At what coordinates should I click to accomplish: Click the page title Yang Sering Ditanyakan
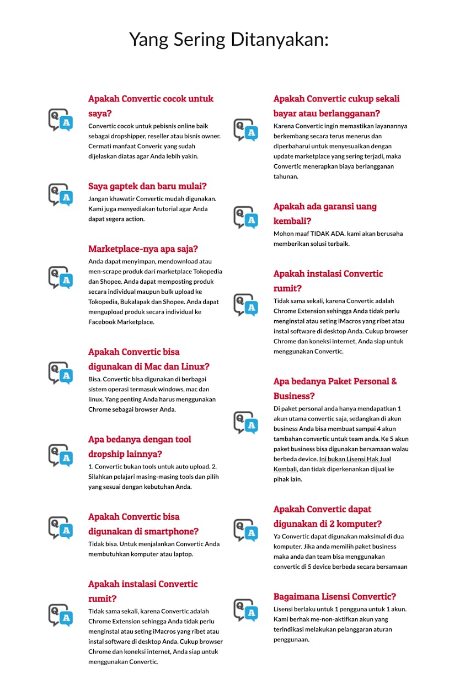coord(228,39)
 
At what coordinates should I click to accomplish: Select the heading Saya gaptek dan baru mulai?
coord(147,186)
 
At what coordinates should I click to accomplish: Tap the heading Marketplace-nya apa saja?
coord(143,249)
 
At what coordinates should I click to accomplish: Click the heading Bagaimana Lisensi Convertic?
coord(334,596)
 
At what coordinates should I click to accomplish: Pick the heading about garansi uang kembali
coord(325,214)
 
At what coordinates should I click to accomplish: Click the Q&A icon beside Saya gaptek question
coord(60,195)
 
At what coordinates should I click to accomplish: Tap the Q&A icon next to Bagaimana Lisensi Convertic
coord(245,610)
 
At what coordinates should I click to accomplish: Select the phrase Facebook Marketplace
coord(121,322)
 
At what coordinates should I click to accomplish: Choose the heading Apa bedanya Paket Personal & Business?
coord(335,389)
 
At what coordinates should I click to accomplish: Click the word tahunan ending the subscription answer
coord(286,176)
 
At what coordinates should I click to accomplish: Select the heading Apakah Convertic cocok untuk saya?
coord(151,106)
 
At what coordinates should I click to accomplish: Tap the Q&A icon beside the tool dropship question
coord(60,455)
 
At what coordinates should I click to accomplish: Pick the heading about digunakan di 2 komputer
coord(328,516)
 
